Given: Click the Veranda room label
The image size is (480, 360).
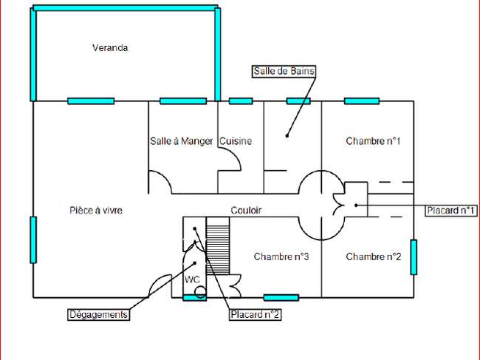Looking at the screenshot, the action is point(110,48).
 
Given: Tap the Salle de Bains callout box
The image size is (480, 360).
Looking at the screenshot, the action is point(284,72).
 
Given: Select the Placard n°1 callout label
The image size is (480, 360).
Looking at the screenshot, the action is point(450,211).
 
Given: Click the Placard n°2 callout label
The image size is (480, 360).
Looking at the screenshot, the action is point(255,315).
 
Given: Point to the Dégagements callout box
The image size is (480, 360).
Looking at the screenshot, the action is point(98,315).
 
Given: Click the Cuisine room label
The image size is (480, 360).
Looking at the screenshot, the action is point(236,141).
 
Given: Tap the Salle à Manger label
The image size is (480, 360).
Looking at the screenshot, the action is point(181,141).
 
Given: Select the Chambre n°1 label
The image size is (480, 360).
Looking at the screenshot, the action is point(373,141).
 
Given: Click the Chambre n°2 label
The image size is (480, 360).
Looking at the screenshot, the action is point(374,257).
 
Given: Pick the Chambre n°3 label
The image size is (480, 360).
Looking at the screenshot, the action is point(281,257).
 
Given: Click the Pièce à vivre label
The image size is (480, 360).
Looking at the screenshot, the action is point(96,211).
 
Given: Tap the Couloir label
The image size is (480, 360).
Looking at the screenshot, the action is point(246,211).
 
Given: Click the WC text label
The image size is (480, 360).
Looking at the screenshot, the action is point(192,279).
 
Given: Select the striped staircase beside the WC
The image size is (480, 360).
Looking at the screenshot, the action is point(218,245).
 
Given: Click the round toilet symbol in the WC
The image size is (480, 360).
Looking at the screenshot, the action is point(200,292).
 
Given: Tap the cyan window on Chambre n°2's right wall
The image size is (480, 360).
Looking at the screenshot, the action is point(414,257).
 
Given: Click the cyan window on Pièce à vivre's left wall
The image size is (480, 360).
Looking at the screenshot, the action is point(33,240).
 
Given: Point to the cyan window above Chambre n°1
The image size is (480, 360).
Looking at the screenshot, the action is point(362,101).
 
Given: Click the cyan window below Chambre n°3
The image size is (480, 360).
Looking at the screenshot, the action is point(281,297).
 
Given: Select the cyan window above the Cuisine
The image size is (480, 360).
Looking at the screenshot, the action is point(241,101).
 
